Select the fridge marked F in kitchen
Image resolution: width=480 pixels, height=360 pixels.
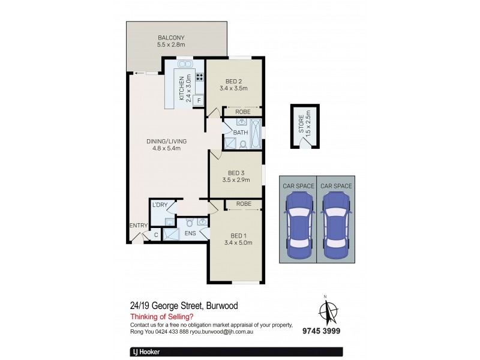196,101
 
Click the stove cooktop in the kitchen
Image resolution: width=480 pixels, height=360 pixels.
197,76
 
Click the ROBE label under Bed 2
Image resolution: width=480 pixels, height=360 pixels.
242,112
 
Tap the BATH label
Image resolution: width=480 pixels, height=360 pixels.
240,133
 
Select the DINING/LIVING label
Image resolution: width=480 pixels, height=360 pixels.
166,145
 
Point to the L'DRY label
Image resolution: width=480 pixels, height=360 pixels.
159,205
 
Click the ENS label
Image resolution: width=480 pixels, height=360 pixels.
190,233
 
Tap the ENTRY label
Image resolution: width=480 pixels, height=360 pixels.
138,226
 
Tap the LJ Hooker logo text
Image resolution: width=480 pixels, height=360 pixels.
145,353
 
